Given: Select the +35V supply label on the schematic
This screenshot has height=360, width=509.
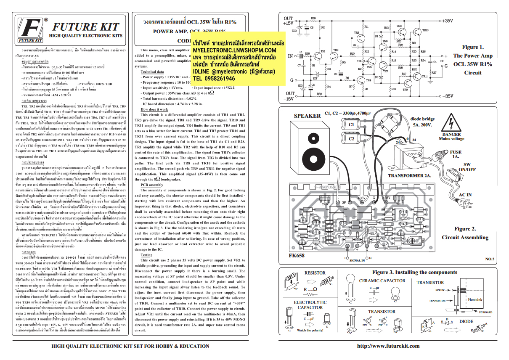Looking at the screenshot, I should (x=447, y=21).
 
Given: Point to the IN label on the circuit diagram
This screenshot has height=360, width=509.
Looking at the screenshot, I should (x=290, y=56).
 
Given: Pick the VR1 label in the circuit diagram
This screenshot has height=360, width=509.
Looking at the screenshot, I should (x=359, y=60).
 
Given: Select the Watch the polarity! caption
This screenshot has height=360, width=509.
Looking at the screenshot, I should (x=313, y=330).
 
